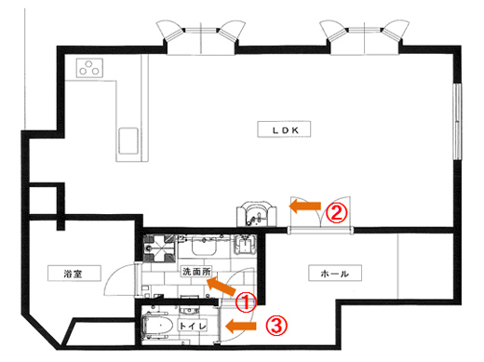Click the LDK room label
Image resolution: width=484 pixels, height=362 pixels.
click(284, 129)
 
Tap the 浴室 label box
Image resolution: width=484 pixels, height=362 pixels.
click(74, 274)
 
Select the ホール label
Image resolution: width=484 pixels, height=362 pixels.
click(335, 273)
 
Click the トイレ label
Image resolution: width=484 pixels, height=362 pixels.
click(193, 326)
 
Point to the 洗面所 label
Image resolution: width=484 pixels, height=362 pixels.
click(196, 272)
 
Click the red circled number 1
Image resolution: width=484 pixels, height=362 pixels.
click(246, 302)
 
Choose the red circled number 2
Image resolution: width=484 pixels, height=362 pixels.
click(337, 213)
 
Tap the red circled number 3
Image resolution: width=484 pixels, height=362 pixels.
click(276, 326)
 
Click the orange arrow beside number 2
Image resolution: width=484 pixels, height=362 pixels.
click(304, 206)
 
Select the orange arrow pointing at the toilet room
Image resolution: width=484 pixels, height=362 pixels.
click(241, 326)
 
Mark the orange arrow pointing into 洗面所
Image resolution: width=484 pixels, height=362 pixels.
click(222, 287)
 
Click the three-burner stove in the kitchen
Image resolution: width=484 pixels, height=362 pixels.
click(89, 68)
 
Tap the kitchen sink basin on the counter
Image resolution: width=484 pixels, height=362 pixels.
click(128, 141)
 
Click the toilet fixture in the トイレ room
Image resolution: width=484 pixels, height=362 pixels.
click(156, 326)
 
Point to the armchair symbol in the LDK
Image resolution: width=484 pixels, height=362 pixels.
click(256, 213)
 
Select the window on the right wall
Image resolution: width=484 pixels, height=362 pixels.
click(457, 122)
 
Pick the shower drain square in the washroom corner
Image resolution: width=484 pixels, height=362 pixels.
click(160, 248)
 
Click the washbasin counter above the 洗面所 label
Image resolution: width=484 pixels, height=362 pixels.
click(204, 245)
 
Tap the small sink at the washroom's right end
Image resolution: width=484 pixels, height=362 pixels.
click(245, 245)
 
